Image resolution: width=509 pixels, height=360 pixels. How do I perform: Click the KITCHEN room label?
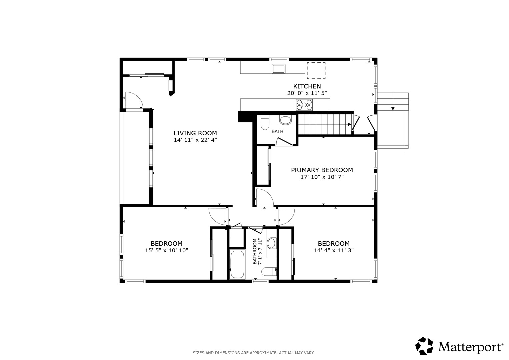[307, 86]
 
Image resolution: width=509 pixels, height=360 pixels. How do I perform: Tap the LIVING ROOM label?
[195, 133]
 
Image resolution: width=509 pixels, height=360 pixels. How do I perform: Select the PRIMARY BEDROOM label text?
[322, 170]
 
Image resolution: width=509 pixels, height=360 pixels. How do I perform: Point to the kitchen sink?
[279, 69]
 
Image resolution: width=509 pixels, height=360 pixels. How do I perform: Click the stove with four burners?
[304, 105]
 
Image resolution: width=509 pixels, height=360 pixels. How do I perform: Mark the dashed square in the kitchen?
[316, 71]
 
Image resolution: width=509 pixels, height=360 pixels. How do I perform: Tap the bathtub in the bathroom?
[237, 264]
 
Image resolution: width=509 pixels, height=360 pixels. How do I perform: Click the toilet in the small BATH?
[265, 122]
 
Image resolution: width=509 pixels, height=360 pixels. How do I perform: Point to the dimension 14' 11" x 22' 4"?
[195, 140]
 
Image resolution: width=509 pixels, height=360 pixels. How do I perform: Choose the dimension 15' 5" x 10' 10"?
[167, 250]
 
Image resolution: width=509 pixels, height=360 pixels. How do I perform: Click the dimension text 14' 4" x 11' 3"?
[334, 250]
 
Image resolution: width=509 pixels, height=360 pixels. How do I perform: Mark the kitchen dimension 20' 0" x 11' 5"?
[307, 93]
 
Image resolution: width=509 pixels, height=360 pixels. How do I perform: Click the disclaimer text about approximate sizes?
[254, 353]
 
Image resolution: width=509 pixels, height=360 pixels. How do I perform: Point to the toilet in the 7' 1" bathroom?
[269, 272]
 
